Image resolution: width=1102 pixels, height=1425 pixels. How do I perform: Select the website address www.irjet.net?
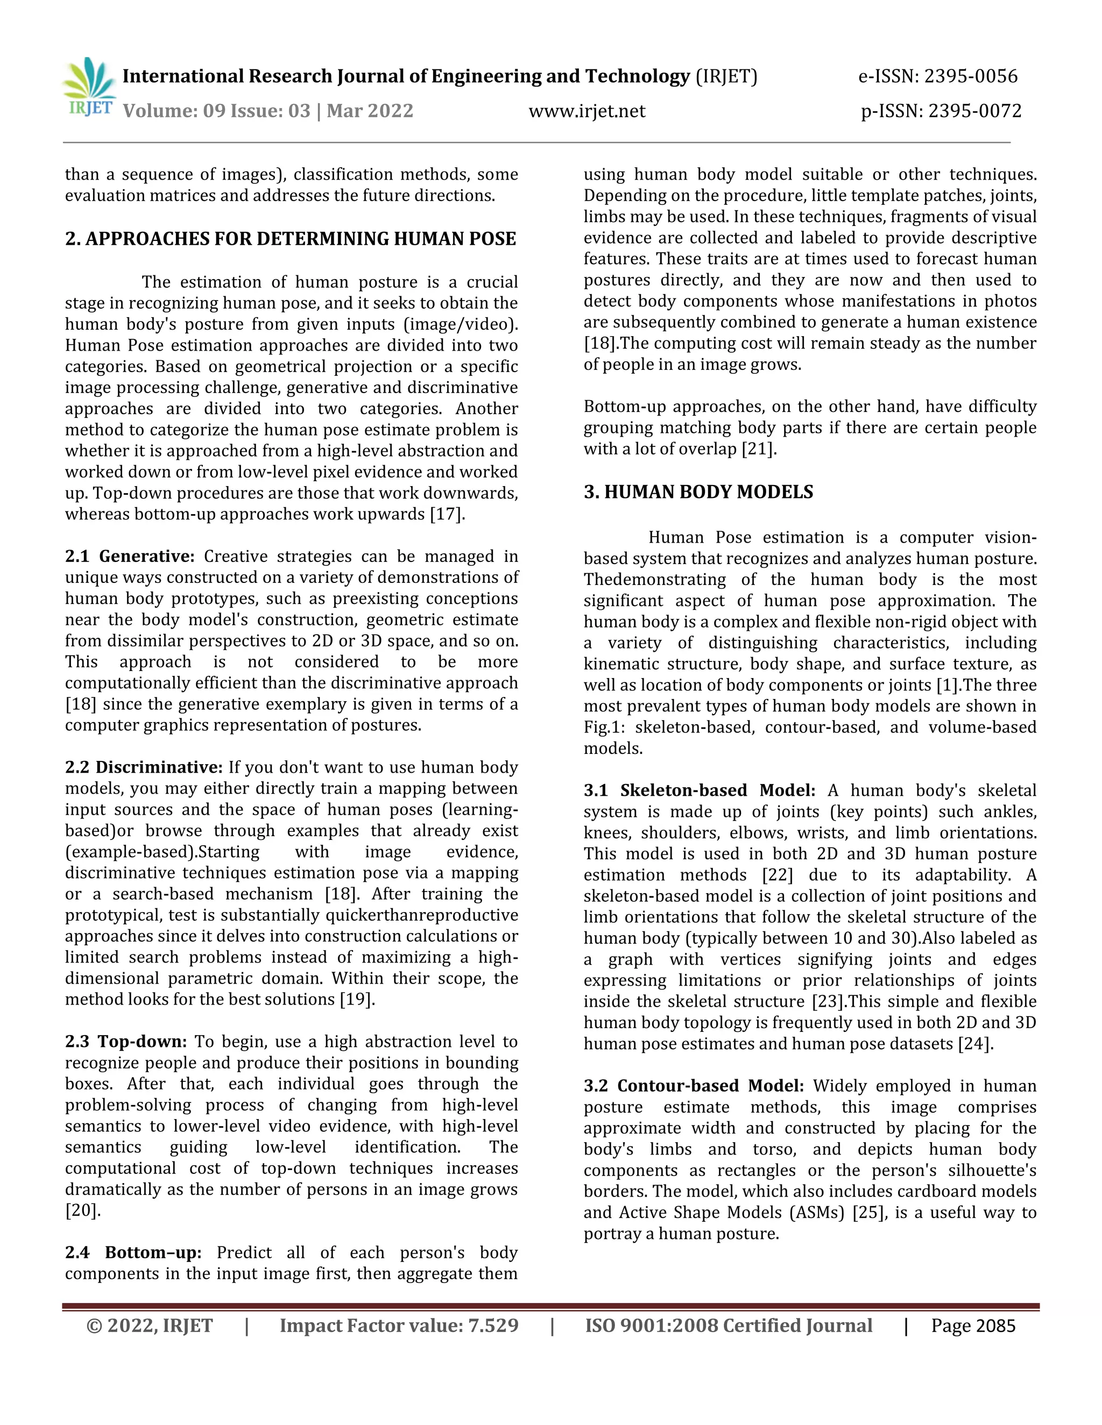(587, 111)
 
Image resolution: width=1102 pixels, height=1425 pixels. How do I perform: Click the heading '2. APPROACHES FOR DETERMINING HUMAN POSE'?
(291, 239)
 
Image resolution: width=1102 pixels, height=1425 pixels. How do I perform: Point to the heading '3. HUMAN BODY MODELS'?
(698, 492)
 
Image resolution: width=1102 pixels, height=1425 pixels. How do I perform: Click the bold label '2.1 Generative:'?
(129, 557)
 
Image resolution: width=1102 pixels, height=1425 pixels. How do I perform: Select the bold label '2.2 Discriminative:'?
(144, 767)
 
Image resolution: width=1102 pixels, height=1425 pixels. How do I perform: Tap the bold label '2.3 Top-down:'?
(125, 1042)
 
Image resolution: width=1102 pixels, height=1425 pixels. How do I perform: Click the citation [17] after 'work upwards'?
(446, 514)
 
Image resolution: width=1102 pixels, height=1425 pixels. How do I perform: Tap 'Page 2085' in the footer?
(973, 1326)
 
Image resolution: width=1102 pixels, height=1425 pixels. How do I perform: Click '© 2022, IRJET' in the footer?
(150, 1326)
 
